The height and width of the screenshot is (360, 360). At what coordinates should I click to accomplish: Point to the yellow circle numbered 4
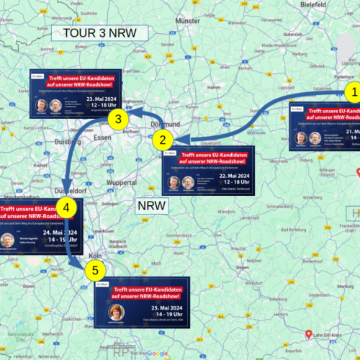point(66,208)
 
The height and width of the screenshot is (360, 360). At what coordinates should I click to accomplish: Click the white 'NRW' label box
point(152,206)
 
